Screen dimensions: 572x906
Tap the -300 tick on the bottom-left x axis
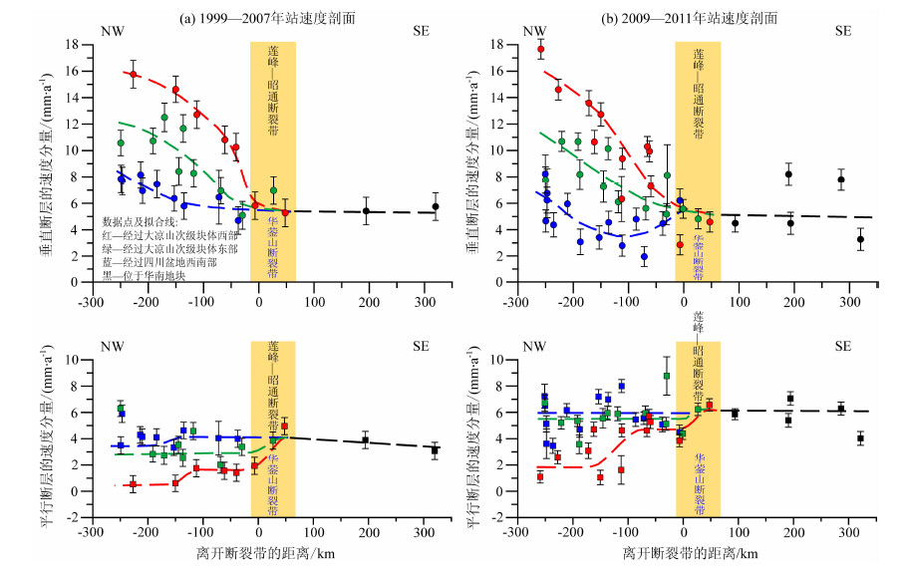click(x=92, y=529)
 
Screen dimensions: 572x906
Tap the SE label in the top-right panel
click(x=843, y=31)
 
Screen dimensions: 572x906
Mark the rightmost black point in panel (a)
click(x=435, y=206)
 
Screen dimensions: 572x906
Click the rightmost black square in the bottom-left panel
click(x=435, y=450)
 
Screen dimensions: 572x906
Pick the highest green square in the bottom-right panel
click(x=666, y=377)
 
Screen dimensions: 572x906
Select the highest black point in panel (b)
click(x=788, y=174)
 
